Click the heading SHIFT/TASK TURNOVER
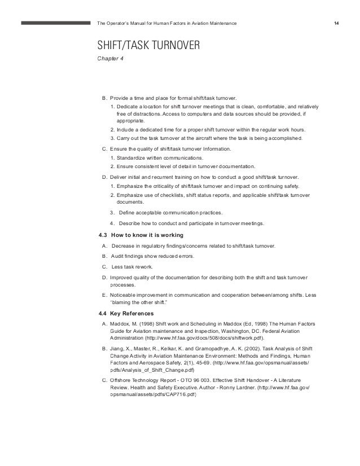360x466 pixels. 149,45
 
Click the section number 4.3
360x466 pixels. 103,235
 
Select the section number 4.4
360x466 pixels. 103,313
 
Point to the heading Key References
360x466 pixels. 137,313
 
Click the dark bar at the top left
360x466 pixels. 56,24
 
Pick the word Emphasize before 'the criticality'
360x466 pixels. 130,186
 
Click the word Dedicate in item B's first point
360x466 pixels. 129,107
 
